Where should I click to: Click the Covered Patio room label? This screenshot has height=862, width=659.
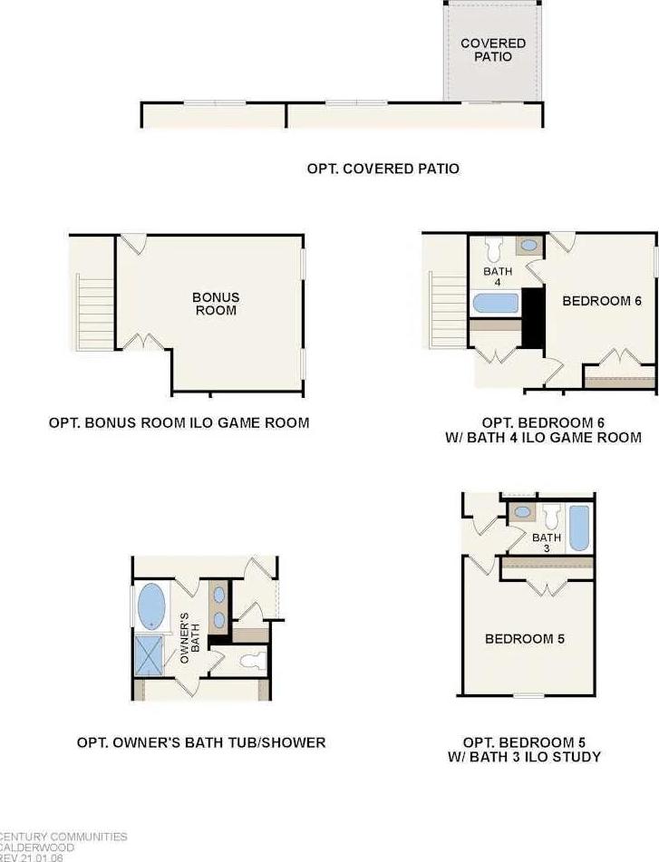coord(493,50)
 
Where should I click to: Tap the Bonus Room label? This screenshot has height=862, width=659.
coord(216,304)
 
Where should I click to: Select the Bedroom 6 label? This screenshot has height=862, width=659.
coord(602,301)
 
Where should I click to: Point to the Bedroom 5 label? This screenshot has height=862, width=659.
coord(525,639)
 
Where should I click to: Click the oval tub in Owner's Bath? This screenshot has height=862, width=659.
coord(151,606)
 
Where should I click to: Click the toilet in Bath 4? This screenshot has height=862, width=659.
coord(493,249)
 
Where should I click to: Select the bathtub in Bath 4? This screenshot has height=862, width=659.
coord(495,304)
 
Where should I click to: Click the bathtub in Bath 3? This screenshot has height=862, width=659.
coord(578,528)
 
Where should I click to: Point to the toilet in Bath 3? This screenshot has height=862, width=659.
coord(551,517)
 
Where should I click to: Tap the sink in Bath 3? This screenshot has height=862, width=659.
coord(522,512)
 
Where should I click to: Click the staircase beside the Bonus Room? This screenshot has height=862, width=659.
coord(96,312)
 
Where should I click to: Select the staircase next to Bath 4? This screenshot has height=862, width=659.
coord(448,310)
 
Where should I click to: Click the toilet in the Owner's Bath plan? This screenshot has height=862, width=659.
coord(254,660)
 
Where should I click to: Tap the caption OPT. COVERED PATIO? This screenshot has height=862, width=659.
coord(383,169)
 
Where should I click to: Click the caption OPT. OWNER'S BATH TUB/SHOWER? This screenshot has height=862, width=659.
coord(201,742)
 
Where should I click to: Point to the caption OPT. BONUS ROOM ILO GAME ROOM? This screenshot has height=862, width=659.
coord(179,422)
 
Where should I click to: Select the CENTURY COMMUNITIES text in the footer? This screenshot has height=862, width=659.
coord(63,837)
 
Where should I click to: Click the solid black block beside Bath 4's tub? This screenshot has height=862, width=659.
coord(533,318)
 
